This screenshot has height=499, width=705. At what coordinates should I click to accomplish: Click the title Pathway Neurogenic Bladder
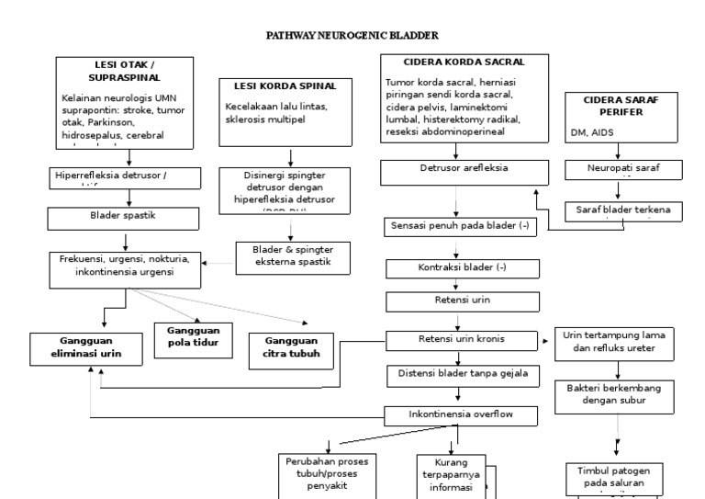point(352,35)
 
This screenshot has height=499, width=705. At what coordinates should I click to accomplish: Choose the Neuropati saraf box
point(622,170)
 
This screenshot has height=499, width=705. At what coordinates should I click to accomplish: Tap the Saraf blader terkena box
point(622,210)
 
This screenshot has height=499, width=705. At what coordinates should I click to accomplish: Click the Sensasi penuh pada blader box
point(458,226)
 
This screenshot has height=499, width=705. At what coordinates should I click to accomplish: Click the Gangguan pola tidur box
point(194,336)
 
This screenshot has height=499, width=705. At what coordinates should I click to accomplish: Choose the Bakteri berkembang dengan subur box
point(614,394)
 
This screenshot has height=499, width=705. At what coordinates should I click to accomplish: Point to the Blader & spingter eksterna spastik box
point(282,255)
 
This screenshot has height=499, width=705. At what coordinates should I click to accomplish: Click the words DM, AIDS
point(591,132)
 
